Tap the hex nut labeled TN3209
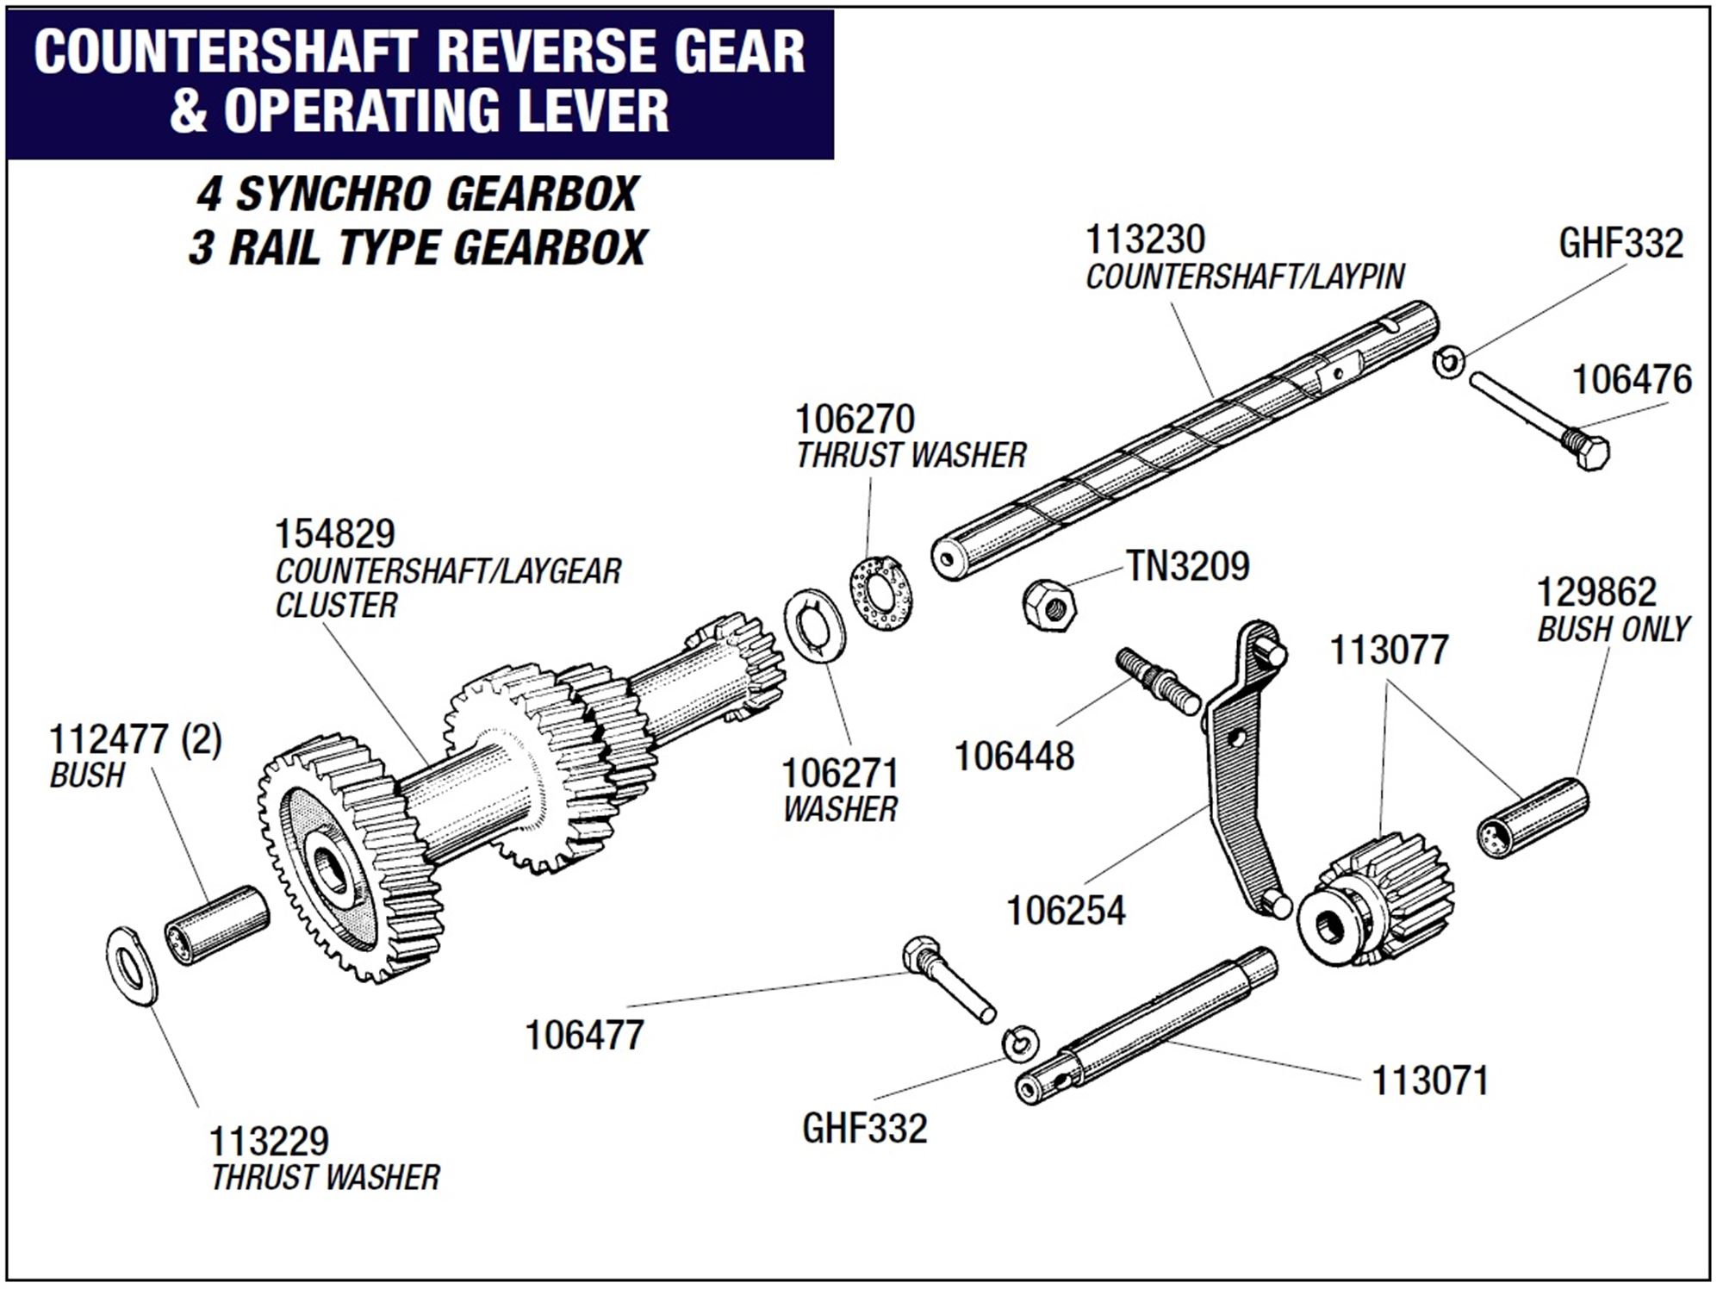[1049, 604]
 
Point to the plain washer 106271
[814, 626]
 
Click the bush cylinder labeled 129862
[1533, 819]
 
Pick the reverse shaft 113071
[1146, 1025]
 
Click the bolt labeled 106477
[948, 978]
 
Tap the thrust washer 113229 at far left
[132, 966]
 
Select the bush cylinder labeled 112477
[216, 925]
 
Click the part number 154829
[334, 534]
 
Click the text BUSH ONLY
[1613, 630]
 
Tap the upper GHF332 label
[1620, 243]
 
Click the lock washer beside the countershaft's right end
[1449, 361]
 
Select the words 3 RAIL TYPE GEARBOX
[417, 248]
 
